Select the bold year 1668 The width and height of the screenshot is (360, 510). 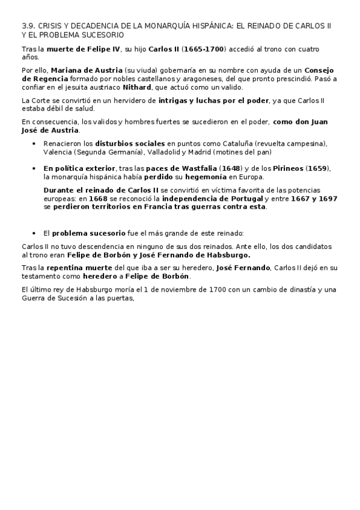[99, 198]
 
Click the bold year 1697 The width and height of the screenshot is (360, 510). [328, 198]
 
